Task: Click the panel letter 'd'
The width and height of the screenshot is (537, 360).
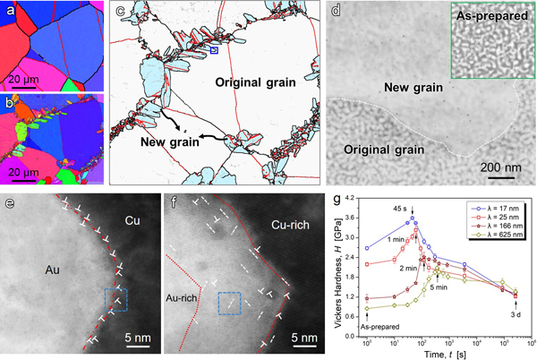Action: (x=336, y=12)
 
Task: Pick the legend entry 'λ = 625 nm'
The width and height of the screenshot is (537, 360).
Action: (x=489, y=240)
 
